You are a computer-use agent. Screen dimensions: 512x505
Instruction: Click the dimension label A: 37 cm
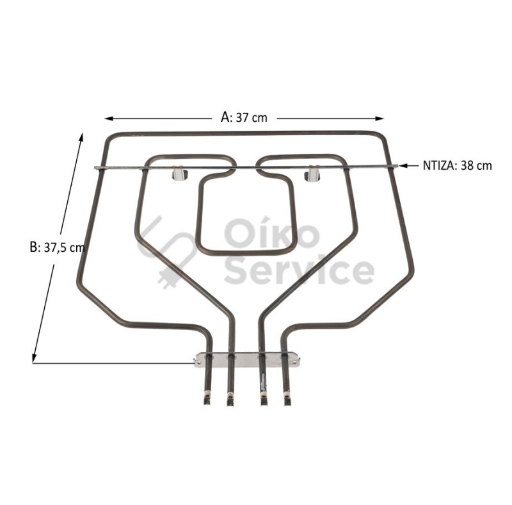click(x=244, y=117)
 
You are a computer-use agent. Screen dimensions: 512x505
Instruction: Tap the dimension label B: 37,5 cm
click(x=57, y=247)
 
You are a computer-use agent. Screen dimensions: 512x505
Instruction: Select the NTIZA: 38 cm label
click(x=457, y=166)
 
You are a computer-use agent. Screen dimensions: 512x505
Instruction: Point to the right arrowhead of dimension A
click(x=380, y=119)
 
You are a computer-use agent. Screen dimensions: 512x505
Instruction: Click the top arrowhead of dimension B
click(x=81, y=137)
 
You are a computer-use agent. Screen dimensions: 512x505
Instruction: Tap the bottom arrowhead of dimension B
click(x=34, y=358)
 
